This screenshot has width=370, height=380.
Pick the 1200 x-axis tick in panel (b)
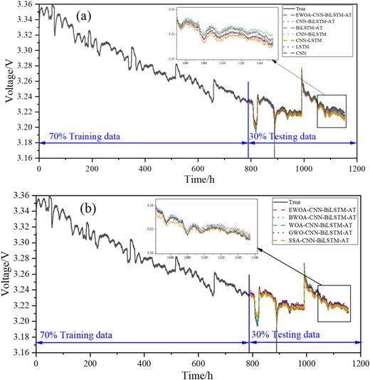pyautogui.click(x=358, y=361)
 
